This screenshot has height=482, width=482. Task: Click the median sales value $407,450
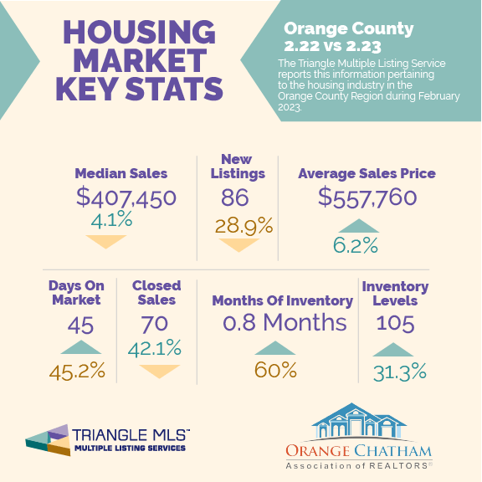coord(126,197)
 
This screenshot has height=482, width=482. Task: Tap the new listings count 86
coord(235,197)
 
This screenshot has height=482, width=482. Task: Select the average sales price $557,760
coord(367,197)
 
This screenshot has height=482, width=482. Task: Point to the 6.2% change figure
coord(356,246)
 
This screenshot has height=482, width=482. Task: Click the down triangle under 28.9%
coord(238,244)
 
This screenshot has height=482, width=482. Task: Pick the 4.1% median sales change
coord(111,219)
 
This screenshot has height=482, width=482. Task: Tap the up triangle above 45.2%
coord(81,347)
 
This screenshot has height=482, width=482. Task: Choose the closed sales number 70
coord(154,325)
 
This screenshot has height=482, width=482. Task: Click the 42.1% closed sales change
coord(154,349)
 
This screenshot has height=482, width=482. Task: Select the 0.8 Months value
coord(285,322)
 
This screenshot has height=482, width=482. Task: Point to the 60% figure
coord(275,370)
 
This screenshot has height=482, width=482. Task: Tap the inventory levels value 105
coord(395,323)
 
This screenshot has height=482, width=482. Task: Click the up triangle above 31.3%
coord(392,350)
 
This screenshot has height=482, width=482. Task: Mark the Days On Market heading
coord(76,293)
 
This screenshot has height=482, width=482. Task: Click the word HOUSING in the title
coord(139,33)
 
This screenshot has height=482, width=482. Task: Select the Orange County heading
coord(349,29)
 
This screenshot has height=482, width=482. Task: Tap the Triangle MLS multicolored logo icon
coord(48,440)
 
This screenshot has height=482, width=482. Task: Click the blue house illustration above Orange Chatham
coord(358,421)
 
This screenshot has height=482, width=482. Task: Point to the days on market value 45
coord(80,326)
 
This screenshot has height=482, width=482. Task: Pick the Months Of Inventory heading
coord(283,301)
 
